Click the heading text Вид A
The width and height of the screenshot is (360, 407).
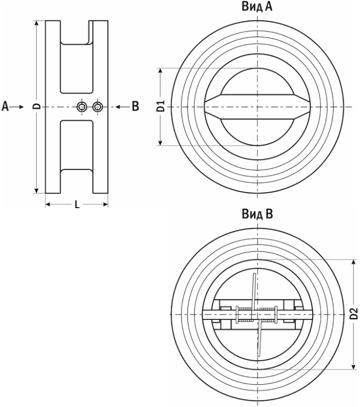257,7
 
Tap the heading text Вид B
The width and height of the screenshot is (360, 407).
257,214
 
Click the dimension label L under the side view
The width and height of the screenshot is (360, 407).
77,205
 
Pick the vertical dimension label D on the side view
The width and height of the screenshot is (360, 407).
38,106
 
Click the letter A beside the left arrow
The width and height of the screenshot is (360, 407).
5,106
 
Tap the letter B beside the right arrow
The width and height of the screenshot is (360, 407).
135,106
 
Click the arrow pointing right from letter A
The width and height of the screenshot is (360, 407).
18,107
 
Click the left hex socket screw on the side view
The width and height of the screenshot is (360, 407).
82,106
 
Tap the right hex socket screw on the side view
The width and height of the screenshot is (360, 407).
98,106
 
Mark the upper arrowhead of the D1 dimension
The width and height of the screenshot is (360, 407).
160,71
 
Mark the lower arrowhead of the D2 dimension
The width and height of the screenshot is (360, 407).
353,366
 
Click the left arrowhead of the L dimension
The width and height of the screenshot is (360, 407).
48,205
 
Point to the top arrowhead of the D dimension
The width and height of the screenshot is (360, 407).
37,24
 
